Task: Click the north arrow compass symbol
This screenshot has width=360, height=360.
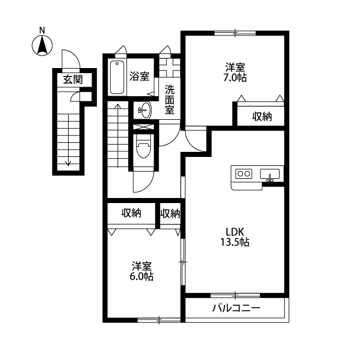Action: point(42,46)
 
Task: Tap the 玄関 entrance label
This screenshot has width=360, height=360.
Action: point(73,80)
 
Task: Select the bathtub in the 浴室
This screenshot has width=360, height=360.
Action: point(117,78)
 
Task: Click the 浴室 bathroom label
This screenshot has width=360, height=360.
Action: point(139,76)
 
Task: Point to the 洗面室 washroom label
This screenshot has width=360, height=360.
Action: point(170,100)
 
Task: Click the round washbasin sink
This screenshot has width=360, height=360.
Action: point(145,110)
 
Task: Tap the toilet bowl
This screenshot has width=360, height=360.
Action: point(143,146)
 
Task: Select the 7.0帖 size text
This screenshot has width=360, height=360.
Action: point(235,78)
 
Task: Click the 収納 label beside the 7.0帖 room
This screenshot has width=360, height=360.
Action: point(262,116)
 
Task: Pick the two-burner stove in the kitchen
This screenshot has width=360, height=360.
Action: point(244,174)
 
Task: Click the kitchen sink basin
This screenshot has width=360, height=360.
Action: point(270,174)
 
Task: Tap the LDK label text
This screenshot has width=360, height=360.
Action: point(235,232)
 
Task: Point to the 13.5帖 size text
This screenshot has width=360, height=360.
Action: point(235,242)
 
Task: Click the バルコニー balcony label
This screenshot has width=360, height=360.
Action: point(236,308)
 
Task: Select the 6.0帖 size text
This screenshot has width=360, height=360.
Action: point(142,277)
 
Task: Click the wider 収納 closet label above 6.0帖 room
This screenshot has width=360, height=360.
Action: point(131,213)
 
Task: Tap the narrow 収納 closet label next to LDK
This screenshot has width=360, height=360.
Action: point(170,214)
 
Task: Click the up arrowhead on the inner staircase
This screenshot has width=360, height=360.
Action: point(118,106)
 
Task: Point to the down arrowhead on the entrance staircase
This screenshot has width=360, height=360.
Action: point(68,164)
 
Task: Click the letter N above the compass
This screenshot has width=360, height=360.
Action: point(42,30)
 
